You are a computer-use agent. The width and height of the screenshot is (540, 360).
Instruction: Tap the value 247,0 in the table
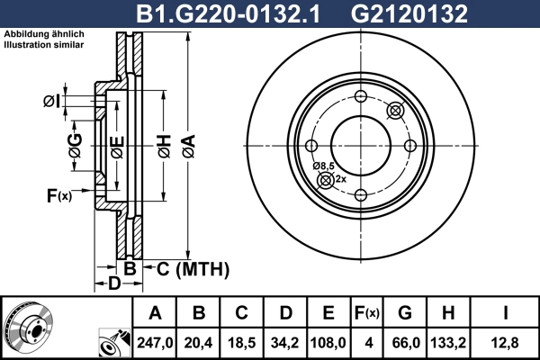[x=156, y=341]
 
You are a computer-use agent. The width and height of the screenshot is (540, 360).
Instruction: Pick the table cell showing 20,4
[x=200, y=341]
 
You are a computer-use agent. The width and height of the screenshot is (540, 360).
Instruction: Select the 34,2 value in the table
[x=286, y=341]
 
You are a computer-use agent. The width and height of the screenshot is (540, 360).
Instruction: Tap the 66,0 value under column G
[x=404, y=341]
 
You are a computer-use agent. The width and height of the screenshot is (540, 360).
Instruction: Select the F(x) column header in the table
[x=366, y=313]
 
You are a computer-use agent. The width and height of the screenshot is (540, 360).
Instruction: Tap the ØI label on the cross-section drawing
[x=51, y=101]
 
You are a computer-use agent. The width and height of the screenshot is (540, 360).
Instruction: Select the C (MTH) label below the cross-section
[x=193, y=269]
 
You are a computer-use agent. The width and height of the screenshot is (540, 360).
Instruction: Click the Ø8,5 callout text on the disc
[x=324, y=166]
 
